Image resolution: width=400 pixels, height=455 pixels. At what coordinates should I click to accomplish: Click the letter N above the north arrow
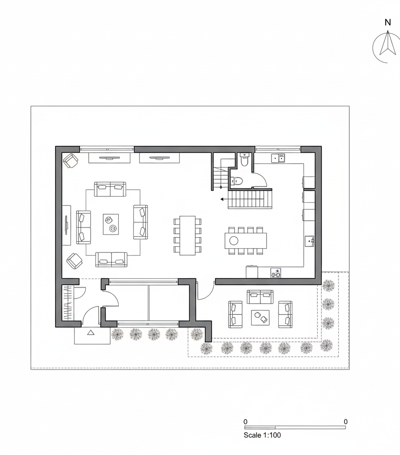point(388,22)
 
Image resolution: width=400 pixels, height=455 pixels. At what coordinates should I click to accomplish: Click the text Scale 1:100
point(262,435)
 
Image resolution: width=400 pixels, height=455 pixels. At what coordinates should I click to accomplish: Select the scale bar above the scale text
point(295,427)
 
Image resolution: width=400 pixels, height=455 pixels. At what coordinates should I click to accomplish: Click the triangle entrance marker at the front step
point(91,332)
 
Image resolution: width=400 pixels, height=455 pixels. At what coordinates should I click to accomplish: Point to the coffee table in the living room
point(111,224)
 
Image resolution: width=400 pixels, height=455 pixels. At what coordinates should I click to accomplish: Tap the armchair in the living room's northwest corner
point(71,160)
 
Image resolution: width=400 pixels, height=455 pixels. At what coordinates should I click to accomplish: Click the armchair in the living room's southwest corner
point(74,261)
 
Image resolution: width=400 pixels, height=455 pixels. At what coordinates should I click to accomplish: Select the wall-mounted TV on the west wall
point(67,225)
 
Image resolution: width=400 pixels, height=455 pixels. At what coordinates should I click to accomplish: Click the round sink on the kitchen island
point(234,240)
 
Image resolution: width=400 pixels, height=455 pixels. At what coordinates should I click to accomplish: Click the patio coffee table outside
point(260,317)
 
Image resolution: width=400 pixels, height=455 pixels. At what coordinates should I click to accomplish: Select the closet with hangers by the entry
point(68,303)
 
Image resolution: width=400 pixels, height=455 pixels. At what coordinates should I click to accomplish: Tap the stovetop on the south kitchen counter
point(276,273)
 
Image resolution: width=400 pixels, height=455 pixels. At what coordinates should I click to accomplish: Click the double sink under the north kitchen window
point(278,158)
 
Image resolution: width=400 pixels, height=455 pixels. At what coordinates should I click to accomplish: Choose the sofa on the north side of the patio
point(260,296)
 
